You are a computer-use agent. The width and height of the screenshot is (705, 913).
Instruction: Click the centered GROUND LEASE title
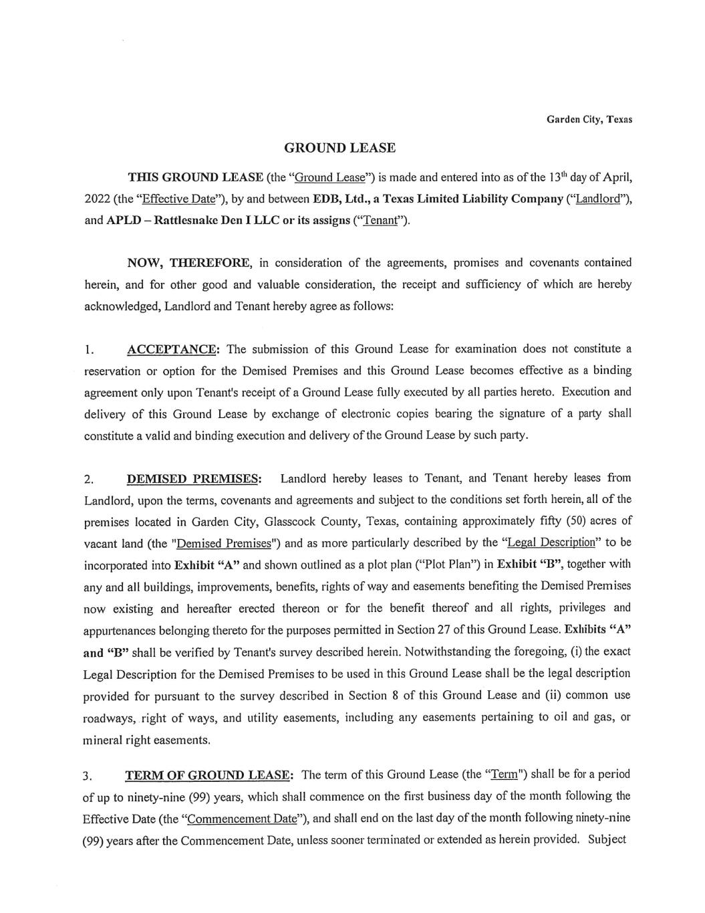[339, 148]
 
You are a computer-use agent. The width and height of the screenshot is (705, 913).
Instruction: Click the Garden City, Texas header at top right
[589, 120]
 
